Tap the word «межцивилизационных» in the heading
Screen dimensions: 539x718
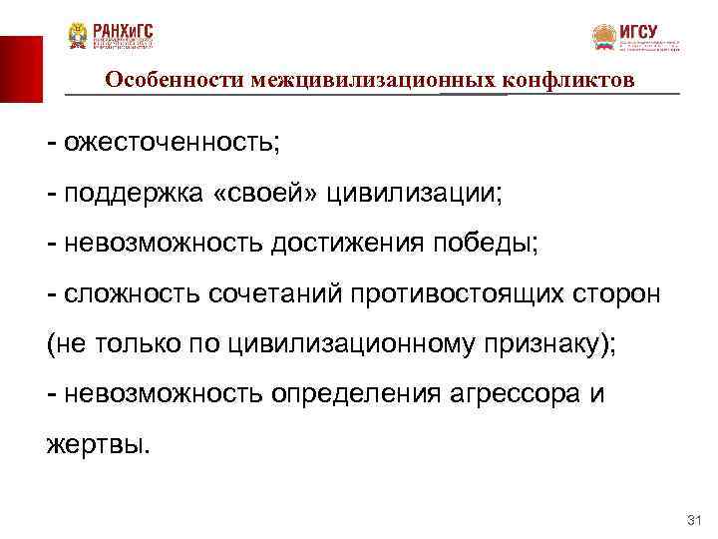coord(352,79)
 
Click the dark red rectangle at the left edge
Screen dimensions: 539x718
coord(21,69)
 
